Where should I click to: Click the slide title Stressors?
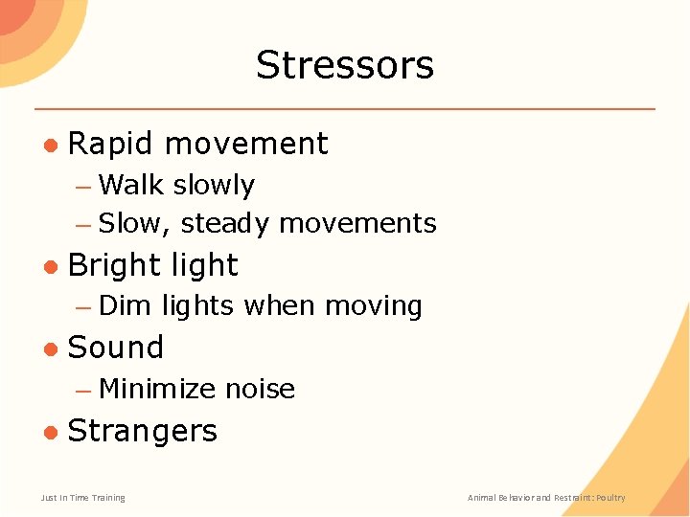coord(345,65)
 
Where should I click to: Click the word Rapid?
coord(110,144)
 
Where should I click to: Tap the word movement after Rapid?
coord(246,144)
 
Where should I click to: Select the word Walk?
coord(131,185)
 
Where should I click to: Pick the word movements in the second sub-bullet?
coord(357,224)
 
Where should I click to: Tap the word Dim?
coord(126,306)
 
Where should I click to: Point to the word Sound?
coord(116,348)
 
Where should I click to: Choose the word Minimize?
coord(157,389)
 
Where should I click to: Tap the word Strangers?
coord(143,431)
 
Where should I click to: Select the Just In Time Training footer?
coord(82,498)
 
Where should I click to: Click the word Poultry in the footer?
coord(610,498)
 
